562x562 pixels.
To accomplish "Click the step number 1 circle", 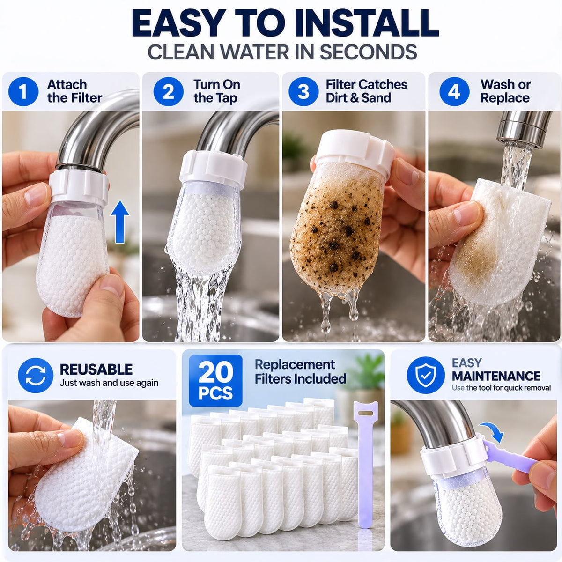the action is pyautogui.click(x=23, y=91).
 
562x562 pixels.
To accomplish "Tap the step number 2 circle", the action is pyautogui.click(x=168, y=91).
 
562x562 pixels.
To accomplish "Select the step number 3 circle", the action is pyautogui.click(x=303, y=91).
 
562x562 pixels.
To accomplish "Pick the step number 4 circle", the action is pyautogui.click(x=454, y=91).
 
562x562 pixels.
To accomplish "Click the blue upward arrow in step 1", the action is pyautogui.click(x=120, y=222).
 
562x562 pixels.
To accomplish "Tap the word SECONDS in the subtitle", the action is pyautogui.click(x=369, y=52).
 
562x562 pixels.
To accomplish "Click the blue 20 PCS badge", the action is pyautogui.click(x=215, y=380).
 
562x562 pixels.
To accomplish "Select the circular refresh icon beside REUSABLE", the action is pyautogui.click(x=36, y=375).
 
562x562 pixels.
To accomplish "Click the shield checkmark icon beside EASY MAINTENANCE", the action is pyautogui.click(x=426, y=375).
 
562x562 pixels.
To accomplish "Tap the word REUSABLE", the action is pyautogui.click(x=96, y=369).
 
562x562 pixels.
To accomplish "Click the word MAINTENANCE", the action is pyautogui.click(x=496, y=376).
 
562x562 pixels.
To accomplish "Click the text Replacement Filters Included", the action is pyautogui.click(x=300, y=371).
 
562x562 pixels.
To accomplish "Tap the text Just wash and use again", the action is pyautogui.click(x=109, y=383).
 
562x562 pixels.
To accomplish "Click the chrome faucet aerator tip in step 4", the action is pyautogui.click(x=523, y=128).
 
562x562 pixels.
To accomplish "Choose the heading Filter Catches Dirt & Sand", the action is pyautogui.click(x=366, y=91).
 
